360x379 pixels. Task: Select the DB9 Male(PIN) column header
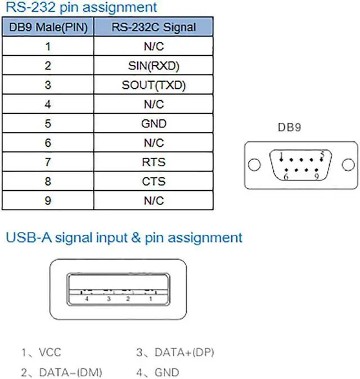(48, 26)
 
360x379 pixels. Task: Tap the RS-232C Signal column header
(154, 26)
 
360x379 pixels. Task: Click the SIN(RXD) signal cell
(154, 66)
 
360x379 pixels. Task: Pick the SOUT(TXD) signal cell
(154, 86)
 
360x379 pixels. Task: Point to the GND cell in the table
(154, 124)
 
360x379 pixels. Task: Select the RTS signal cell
(154, 163)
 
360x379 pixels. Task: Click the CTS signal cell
(154, 182)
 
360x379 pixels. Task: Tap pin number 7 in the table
(48, 163)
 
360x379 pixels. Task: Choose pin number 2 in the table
(48, 66)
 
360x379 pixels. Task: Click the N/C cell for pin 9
(154, 201)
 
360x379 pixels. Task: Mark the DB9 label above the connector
(290, 127)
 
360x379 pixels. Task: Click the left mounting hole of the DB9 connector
(255, 166)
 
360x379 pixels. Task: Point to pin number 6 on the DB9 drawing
(285, 177)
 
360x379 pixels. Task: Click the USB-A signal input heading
(124, 237)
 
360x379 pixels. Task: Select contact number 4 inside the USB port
(87, 299)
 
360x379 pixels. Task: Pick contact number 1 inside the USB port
(150, 299)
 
